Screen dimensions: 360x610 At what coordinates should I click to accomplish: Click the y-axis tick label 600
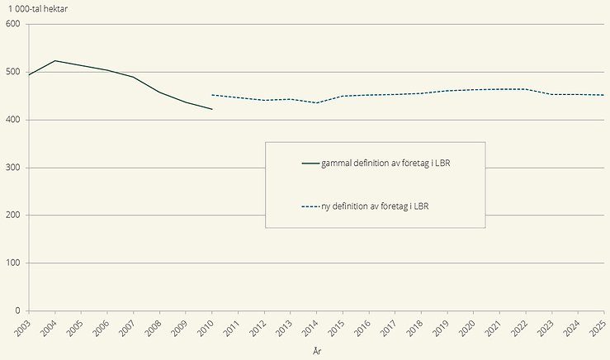12,24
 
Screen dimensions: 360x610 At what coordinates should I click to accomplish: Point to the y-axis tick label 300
12,168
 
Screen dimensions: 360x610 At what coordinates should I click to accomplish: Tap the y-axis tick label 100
12,263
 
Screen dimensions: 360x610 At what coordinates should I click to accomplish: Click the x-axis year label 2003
21,327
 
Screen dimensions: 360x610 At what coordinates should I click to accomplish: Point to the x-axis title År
317,351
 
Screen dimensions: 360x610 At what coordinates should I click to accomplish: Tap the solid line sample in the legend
310,163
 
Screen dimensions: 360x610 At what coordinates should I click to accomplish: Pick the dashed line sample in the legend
310,206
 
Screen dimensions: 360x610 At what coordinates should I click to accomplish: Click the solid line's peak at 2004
54,61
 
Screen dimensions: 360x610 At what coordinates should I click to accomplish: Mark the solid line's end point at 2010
212,109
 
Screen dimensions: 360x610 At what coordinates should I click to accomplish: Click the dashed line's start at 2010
212,95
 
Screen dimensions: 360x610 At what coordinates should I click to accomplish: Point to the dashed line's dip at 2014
317,102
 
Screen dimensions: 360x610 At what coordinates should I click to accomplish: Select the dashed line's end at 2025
604,95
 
